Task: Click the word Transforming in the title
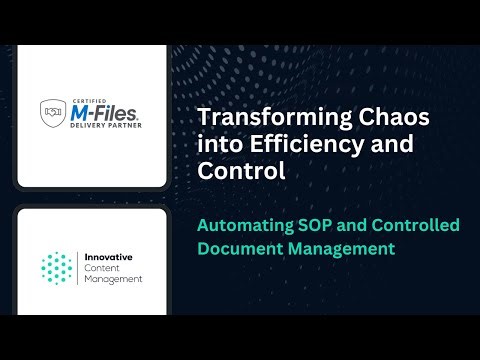254,117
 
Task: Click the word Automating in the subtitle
246,225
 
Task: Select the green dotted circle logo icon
58,266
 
